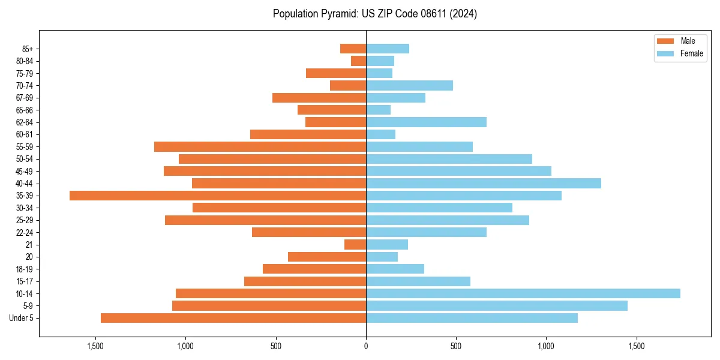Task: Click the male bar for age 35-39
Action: point(218,196)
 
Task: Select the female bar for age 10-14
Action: point(523,293)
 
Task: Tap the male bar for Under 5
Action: point(233,318)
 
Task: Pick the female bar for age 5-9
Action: point(497,306)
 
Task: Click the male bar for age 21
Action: point(355,245)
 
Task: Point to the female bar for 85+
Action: point(388,49)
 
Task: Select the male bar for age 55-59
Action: point(260,146)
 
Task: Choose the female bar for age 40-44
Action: point(484,183)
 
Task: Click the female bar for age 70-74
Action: point(409,85)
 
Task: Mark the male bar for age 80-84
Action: point(359,61)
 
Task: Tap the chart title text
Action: point(375,14)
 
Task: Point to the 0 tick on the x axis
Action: point(366,346)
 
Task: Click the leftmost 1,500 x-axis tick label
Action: point(95,346)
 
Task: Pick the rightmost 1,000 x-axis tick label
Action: point(546,346)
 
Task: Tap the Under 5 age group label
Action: point(22,318)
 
